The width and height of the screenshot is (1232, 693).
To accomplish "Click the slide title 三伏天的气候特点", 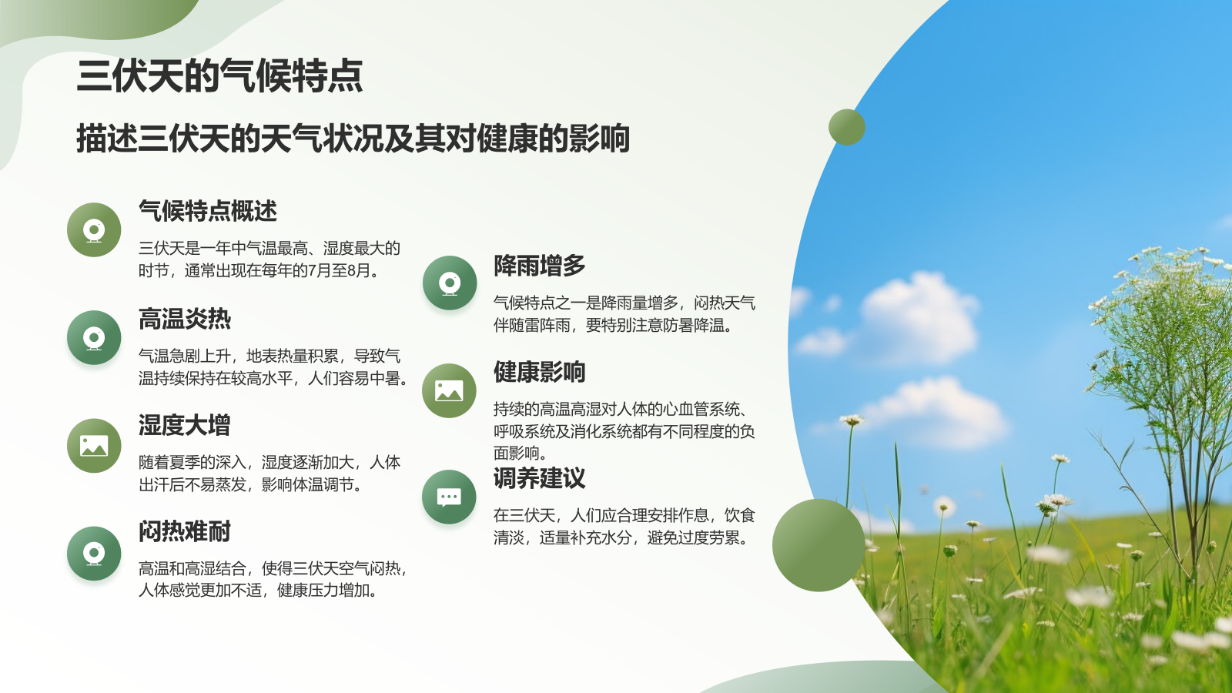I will (x=219, y=76).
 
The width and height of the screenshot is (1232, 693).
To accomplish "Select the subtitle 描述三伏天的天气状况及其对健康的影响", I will (x=353, y=139).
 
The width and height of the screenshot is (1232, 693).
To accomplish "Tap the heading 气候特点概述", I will (x=208, y=211).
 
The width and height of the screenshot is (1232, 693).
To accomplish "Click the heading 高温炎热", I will (x=185, y=319).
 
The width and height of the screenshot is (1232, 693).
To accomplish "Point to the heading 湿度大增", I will (x=185, y=425).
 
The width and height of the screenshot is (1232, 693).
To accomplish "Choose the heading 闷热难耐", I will (x=185, y=531).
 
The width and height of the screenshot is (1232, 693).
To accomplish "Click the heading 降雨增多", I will (x=540, y=266).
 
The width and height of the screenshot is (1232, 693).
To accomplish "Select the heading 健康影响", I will (x=540, y=372).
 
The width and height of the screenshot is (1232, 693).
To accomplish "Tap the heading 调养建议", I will (x=540, y=478).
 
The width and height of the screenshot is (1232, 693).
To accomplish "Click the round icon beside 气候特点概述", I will (x=94, y=229).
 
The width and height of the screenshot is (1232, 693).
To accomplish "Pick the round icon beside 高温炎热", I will (x=94, y=337).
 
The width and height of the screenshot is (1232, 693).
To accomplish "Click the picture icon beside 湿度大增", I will (x=94, y=445).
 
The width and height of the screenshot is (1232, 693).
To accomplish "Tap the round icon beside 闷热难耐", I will (x=94, y=553).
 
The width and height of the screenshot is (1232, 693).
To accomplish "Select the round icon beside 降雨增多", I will (x=450, y=283).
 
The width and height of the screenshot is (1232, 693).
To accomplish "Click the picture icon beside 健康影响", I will (x=450, y=390).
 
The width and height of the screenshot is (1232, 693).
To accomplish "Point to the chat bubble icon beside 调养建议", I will (x=450, y=497).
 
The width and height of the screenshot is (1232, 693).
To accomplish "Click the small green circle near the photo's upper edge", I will (x=847, y=127).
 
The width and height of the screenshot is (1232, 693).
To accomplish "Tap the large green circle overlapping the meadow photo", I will (x=819, y=545).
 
